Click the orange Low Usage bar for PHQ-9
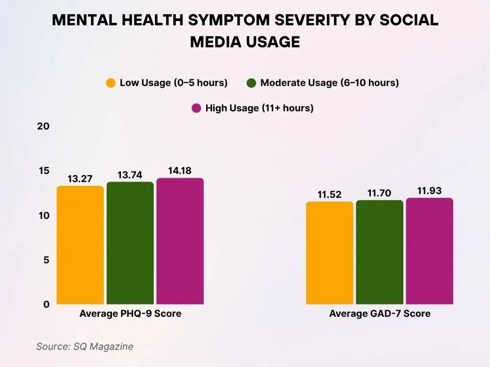point(80,245)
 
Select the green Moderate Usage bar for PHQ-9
point(130,243)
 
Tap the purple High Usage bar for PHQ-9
point(180,241)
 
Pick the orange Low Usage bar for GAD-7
point(330,253)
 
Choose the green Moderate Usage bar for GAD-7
point(379,252)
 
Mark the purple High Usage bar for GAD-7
point(429,251)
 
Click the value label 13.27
point(80,179)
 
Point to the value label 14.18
point(180,171)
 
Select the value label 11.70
point(379,193)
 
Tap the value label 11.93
point(429,191)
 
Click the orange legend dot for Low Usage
point(111,83)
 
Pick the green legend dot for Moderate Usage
point(252,83)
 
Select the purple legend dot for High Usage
point(196,108)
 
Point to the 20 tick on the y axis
point(43,127)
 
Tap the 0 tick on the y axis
point(46,304)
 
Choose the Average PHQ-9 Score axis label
point(130,314)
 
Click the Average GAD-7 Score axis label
point(379,314)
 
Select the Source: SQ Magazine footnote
point(85,346)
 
